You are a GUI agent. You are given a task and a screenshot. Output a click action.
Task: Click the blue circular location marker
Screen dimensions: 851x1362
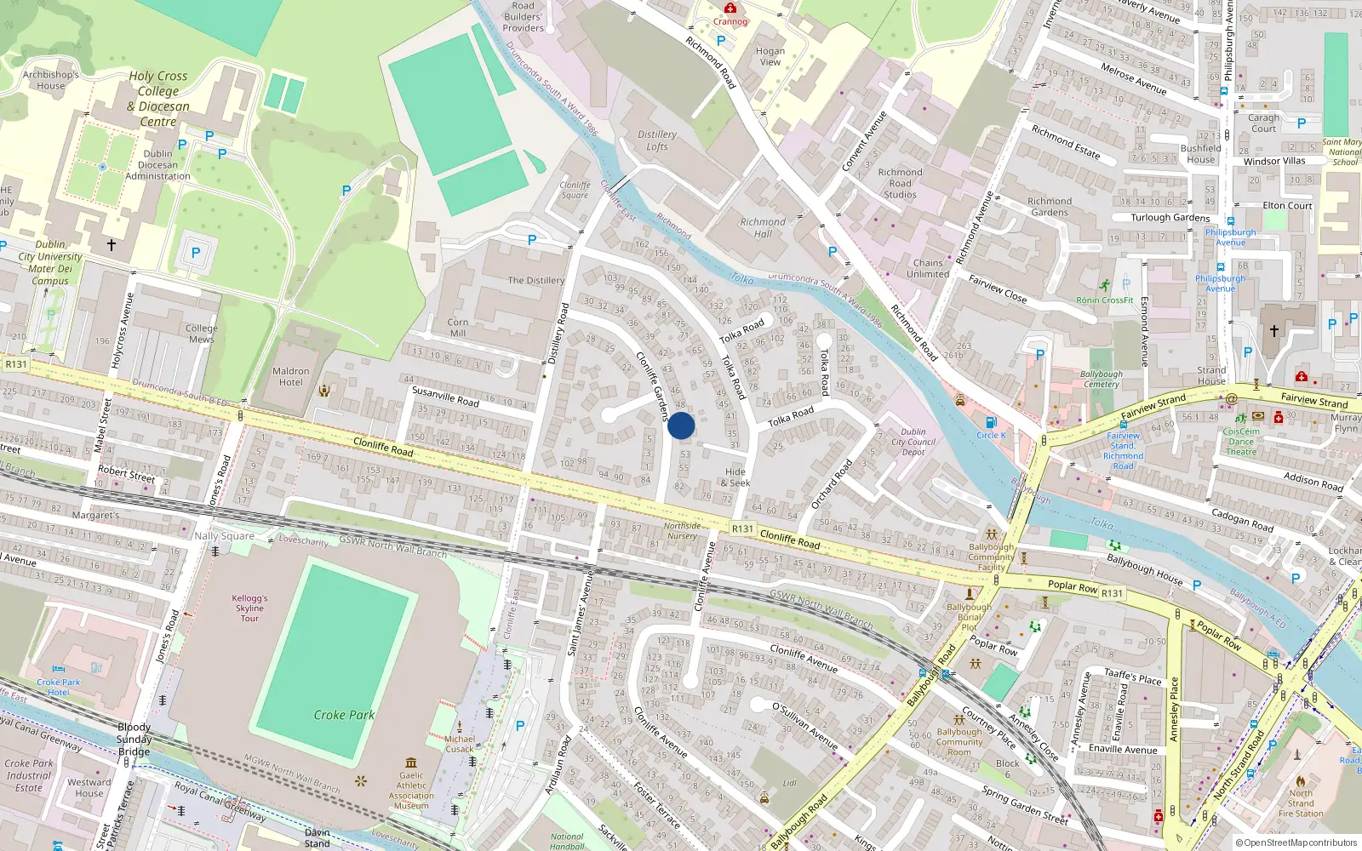681,425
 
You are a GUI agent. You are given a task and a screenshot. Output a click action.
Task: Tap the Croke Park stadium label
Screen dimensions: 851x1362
344,715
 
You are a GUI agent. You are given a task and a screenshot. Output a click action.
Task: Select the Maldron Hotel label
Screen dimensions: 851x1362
291,376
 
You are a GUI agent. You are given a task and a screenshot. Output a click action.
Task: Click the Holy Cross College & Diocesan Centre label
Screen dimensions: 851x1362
158,99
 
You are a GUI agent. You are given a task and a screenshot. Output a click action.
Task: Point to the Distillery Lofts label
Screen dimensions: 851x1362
657,140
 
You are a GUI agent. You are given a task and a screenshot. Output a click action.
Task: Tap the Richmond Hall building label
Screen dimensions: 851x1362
763,228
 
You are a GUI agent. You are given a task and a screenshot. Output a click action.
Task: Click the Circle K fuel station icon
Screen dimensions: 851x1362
990,422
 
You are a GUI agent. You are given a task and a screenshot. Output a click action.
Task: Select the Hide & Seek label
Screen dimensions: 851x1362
735,477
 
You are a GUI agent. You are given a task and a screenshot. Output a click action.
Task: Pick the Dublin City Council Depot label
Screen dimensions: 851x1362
913,442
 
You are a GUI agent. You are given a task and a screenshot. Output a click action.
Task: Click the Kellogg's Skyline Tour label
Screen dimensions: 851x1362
249,608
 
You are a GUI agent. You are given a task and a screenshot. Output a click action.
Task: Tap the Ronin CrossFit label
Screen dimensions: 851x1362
1105,300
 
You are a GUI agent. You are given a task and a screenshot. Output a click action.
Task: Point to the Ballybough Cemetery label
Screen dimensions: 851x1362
1102,379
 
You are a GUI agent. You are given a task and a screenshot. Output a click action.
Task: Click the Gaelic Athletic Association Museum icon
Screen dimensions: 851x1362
411,762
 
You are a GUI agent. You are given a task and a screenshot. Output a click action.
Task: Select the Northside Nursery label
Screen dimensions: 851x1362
682,531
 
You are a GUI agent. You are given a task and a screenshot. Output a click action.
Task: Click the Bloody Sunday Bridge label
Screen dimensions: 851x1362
134,739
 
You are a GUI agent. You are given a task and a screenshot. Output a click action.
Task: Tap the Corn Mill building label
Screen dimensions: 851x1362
458,328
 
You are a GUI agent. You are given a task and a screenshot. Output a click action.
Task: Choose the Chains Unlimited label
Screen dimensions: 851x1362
928,268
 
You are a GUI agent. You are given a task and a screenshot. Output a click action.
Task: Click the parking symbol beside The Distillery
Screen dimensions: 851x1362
532,240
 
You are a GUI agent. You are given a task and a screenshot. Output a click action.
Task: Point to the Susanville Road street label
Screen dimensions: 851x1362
445,396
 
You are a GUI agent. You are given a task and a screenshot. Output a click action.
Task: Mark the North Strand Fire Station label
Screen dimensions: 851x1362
1301,803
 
